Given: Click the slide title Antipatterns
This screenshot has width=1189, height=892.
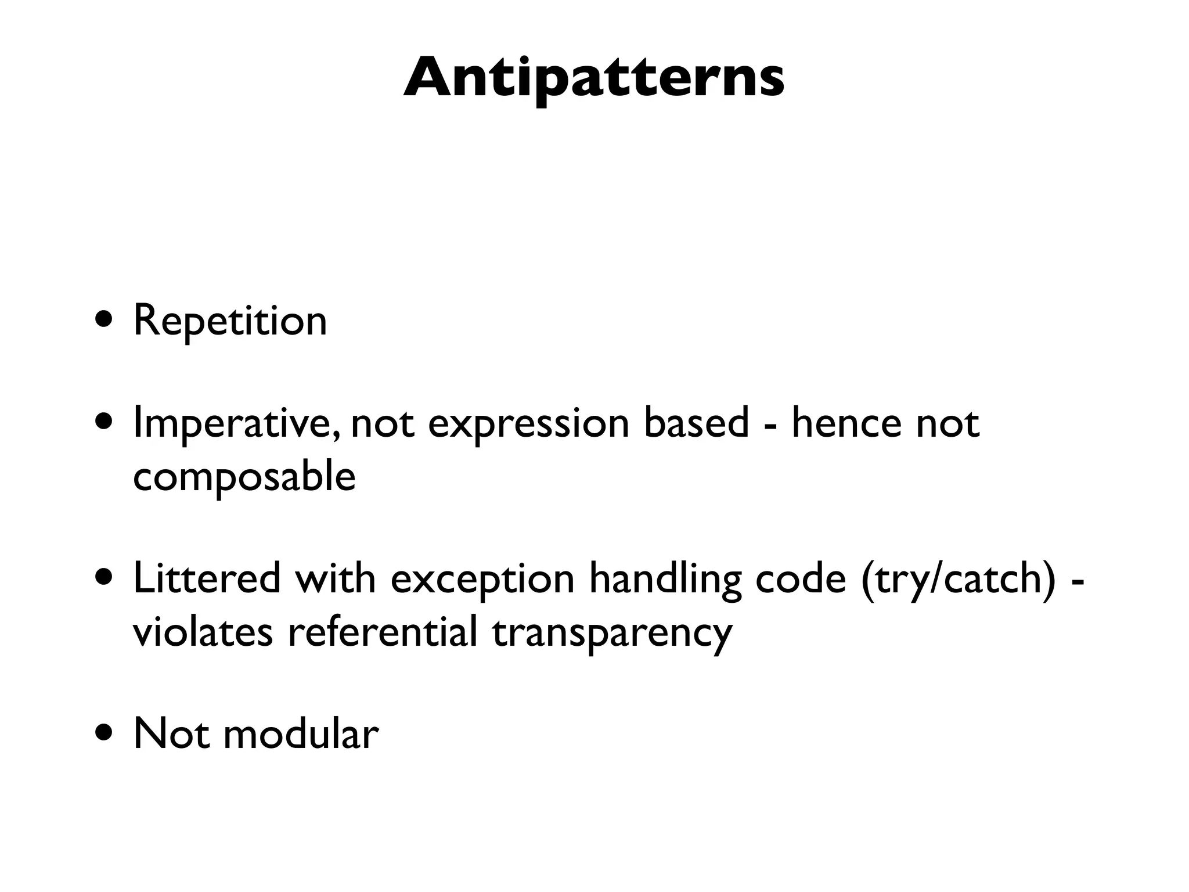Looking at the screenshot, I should (x=593, y=78).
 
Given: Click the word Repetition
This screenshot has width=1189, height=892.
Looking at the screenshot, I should (x=230, y=321).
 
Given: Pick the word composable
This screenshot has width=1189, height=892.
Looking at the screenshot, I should (x=244, y=477).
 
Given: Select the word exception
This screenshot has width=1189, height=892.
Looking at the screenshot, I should (x=482, y=580).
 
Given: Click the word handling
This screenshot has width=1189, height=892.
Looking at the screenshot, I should (x=665, y=580).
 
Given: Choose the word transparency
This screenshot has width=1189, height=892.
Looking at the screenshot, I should (x=612, y=633).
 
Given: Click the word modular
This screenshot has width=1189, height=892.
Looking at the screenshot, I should (x=301, y=734).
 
